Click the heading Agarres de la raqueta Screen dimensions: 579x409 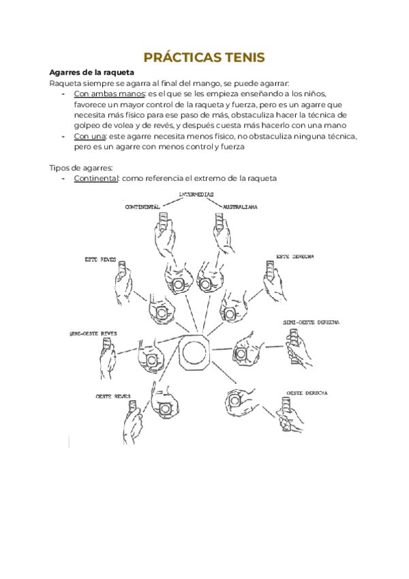pyautogui.click(x=92, y=72)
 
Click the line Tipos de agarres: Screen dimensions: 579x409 pyautogui.click(x=80, y=168)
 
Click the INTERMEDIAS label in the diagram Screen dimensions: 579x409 pyautogui.click(x=196, y=195)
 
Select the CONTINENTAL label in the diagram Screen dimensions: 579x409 pyautogui.click(x=142, y=206)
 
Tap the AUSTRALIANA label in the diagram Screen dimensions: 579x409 pyautogui.click(x=235, y=206)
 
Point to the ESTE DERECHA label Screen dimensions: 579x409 pyautogui.click(x=294, y=256)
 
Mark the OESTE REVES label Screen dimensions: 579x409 pyautogui.click(x=112, y=396)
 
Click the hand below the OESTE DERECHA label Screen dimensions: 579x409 pyautogui.click(x=292, y=416)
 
